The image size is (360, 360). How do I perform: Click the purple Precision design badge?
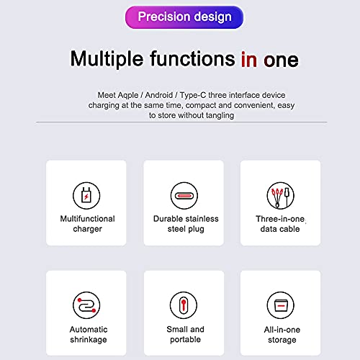click(x=184, y=17)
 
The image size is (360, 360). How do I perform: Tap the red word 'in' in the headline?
click(x=249, y=59)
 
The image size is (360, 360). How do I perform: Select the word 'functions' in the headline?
click(x=193, y=58)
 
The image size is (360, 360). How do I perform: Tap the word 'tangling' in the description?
click(x=217, y=115)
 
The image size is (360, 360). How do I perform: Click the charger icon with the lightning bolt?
click(x=86, y=195)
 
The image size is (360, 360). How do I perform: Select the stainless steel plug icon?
click(x=184, y=195)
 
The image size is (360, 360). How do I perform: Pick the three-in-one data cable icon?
click(x=280, y=195)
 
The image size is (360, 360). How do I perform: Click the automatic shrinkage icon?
click(x=86, y=305)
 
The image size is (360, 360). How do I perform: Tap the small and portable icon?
click(x=184, y=305)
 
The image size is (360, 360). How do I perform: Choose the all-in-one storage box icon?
click(x=280, y=305)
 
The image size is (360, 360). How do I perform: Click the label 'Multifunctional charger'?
click(x=86, y=224)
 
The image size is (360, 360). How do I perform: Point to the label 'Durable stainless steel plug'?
click(x=185, y=224)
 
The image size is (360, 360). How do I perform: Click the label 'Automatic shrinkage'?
click(x=86, y=334)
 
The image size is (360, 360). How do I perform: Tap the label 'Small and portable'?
click(x=185, y=334)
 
